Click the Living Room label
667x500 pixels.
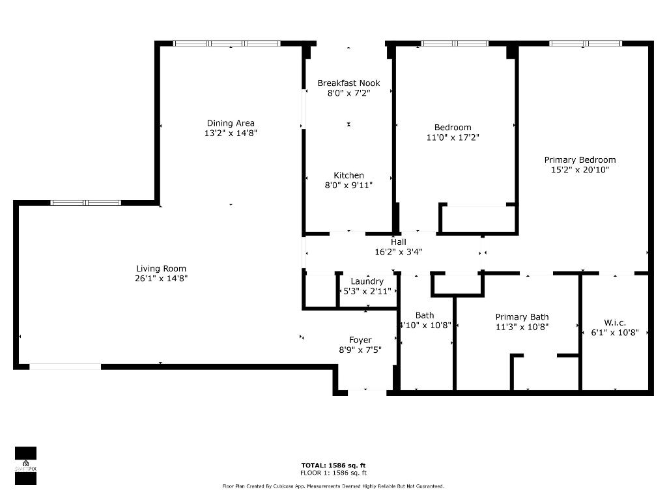coord(161,268)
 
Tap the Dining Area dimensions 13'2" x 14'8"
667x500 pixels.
coord(231,133)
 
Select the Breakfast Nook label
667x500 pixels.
coord(348,83)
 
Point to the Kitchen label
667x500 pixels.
coord(348,175)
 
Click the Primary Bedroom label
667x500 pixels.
coord(580,160)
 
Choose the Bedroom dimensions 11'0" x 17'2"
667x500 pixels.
coord(453,137)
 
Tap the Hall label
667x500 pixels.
coord(399,242)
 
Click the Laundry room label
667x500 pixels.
coord(367,281)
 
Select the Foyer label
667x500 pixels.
coord(360,340)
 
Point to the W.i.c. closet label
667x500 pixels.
coord(615,322)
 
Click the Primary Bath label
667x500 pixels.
coord(522,317)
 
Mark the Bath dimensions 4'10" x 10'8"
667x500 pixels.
coord(425,326)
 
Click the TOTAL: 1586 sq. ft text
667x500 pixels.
coord(333,465)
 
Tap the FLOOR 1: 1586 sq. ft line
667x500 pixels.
coord(333,473)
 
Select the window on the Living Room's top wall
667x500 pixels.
coord(86,202)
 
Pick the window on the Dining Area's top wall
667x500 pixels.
coord(227,44)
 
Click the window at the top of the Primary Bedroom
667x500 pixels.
coord(585,44)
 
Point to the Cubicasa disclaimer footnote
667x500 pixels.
coord(333,486)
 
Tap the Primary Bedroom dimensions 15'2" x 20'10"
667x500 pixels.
coord(580,170)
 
